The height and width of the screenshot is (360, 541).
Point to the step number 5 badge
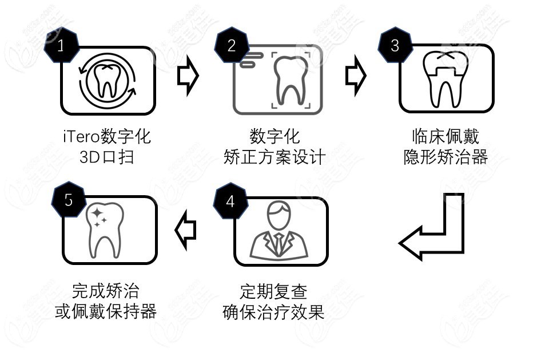[x=69, y=201]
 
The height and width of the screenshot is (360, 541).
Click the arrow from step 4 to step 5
[x=185, y=230]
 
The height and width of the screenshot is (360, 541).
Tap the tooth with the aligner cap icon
[x=444, y=80]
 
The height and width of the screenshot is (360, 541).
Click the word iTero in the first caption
[x=81, y=137]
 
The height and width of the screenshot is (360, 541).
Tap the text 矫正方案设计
[x=275, y=157]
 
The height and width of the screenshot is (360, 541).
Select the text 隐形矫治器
[x=445, y=157]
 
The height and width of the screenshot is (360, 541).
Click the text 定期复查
[x=273, y=292]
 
